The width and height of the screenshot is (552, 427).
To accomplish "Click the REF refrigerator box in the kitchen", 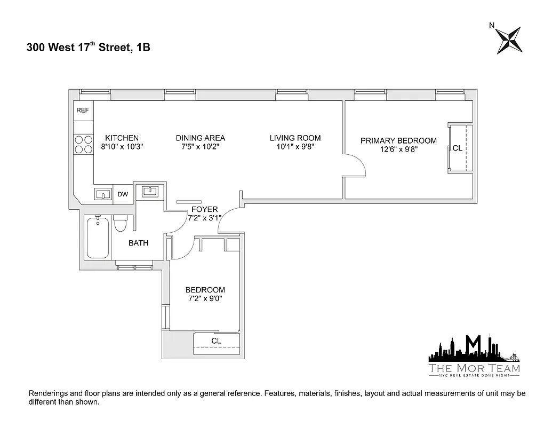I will tap(83, 110).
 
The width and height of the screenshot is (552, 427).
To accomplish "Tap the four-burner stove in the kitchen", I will tap(83, 144).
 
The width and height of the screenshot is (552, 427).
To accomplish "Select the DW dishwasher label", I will tap(123, 194).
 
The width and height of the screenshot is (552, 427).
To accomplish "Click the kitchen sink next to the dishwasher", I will tap(103, 194).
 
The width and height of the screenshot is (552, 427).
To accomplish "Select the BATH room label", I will tap(138, 243).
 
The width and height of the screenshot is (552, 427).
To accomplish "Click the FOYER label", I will tap(200, 210).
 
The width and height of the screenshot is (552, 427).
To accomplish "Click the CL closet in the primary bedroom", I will tap(458, 148).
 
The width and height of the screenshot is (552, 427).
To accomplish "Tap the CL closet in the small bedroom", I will tap(216, 341).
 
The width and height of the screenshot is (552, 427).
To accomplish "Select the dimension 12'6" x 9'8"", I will tap(398, 149).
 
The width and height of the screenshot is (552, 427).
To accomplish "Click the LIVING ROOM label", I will tap(295, 138).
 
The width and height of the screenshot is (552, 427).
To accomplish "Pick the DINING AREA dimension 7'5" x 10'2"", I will tap(200, 146).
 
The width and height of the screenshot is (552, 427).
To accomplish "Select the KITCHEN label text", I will tap(122, 138).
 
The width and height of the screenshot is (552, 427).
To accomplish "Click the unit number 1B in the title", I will tap(143, 48).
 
